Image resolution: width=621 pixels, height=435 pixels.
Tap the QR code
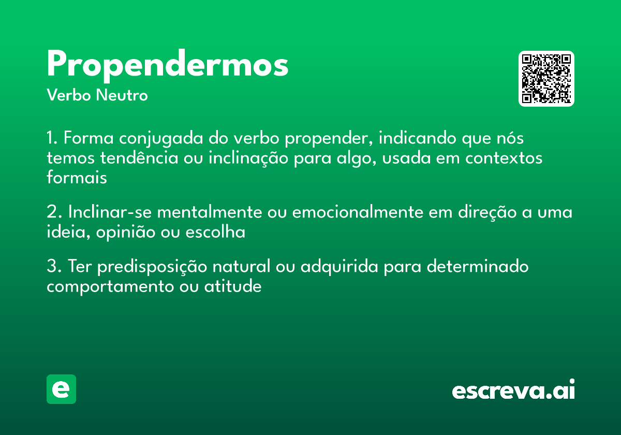[x=546, y=79]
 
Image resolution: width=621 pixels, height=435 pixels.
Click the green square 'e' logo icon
[x=61, y=389]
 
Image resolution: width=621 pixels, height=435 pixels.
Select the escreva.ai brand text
[x=513, y=390]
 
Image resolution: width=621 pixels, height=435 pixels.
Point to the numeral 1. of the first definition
[x=52, y=139]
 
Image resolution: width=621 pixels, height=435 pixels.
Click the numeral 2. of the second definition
[x=54, y=213]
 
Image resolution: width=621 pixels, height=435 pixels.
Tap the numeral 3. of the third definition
[x=54, y=267]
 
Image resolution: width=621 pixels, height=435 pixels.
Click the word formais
[x=77, y=177]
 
